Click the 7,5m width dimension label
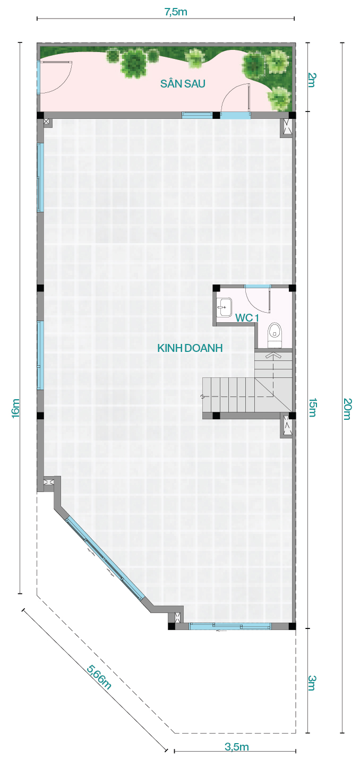tap(176, 12)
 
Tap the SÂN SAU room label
tap(183, 83)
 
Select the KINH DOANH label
tap(190, 348)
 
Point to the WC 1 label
tap(246, 318)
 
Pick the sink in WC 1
tap(225, 307)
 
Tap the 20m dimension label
tap(347, 409)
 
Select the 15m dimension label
tap(312, 408)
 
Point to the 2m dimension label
tap(312, 80)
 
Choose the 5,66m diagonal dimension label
tap(99, 677)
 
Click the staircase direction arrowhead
tap(272, 355)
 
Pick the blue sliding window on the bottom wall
tap(230, 626)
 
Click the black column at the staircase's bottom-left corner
tap(216, 416)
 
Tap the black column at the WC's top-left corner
tap(216, 288)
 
